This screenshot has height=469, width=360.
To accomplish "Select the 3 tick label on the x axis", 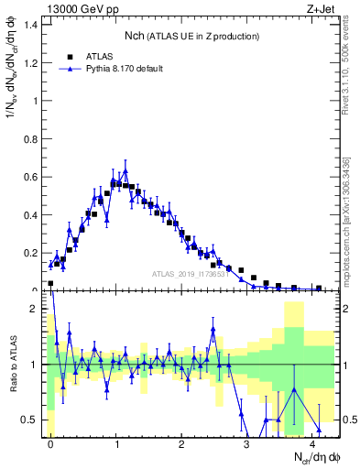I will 247,442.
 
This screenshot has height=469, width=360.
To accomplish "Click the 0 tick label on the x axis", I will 50,442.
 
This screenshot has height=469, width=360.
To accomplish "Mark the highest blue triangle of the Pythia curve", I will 125,170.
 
